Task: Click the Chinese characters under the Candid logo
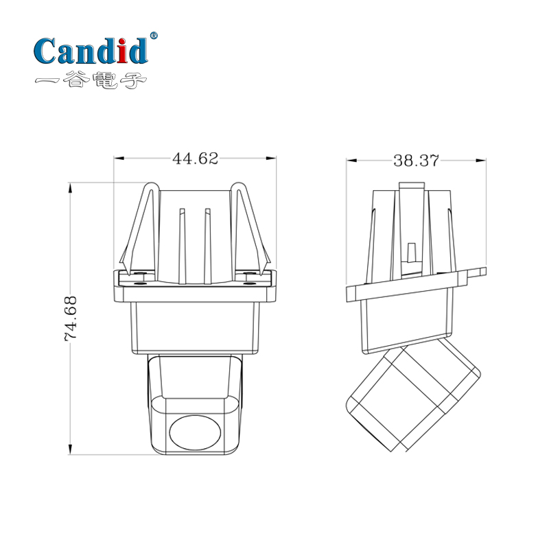pos(91,81)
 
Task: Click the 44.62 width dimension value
pos(195,159)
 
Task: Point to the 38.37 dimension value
pos(416,161)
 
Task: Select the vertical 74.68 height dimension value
pos(70,318)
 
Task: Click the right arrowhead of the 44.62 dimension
pos(272,159)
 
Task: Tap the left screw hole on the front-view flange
pos(141,281)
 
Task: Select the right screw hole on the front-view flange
pos(249,281)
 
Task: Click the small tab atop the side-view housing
pos(411,185)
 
